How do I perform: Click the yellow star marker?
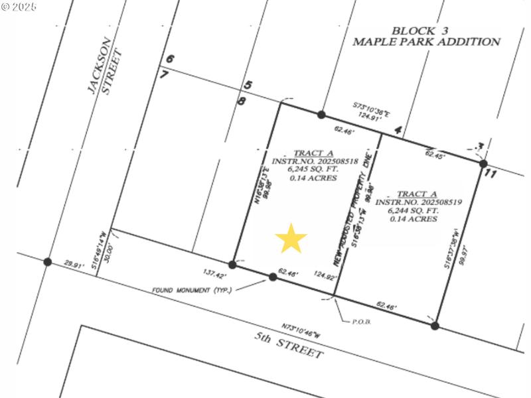(x=291, y=239)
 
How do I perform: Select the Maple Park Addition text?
(x=426, y=42)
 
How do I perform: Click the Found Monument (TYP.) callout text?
(x=192, y=290)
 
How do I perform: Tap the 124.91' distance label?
(x=372, y=115)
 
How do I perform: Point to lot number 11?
(x=491, y=174)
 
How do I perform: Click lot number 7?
(x=164, y=74)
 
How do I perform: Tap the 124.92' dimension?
(x=325, y=276)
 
